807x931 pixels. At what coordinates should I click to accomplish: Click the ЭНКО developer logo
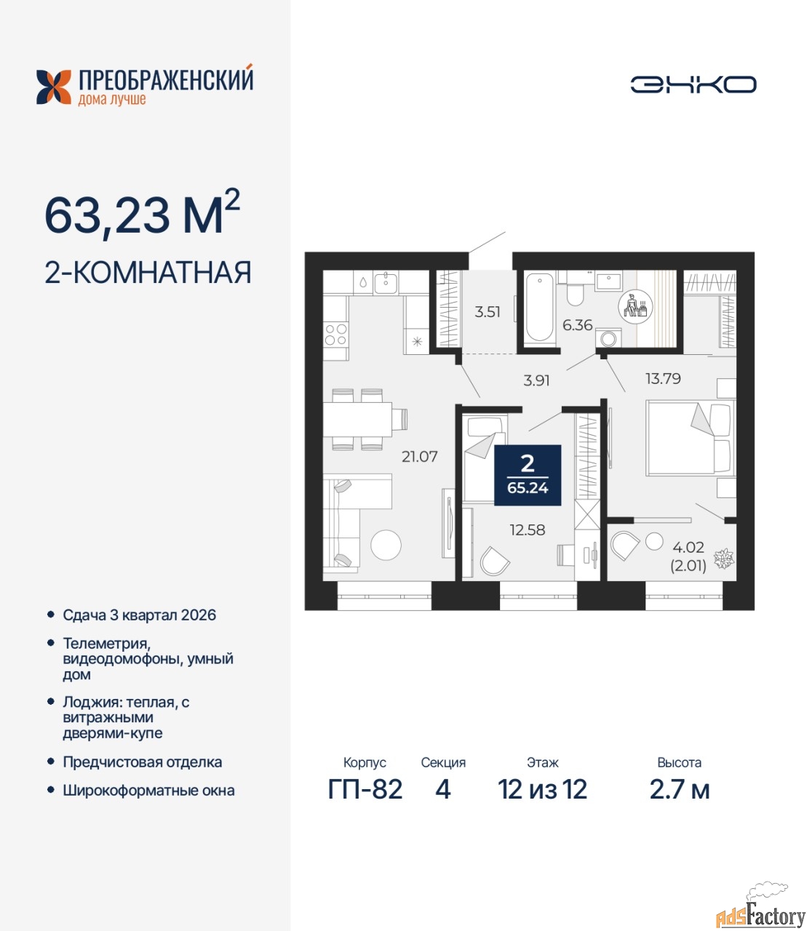tap(693, 84)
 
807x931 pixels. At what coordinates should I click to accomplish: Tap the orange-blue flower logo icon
tap(54, 87)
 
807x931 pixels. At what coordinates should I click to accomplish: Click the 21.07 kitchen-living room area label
tap(419, 457)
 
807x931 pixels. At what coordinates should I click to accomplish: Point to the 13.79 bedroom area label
tap(663, 379)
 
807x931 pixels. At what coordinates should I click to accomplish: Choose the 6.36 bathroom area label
tap(577, 324)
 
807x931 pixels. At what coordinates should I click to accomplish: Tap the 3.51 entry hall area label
tap(487, 312)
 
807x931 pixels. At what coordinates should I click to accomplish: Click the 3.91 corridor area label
tap(536, 380)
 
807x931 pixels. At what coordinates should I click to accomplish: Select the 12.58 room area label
tap(527, 530)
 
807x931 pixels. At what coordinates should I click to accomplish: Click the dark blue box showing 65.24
tap(528, 475)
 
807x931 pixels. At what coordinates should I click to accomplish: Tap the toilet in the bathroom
tap(574, 293)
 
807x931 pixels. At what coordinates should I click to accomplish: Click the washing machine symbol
tap(608, 338)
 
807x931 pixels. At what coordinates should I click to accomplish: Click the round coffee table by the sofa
tap(386, 545)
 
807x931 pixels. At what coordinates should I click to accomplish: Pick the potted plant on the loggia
tap(723, 559)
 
